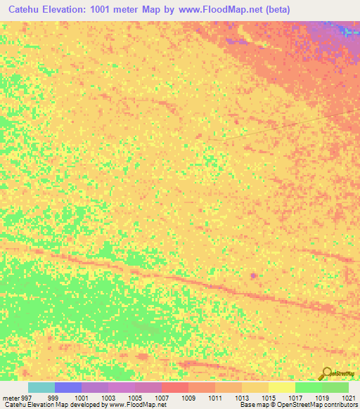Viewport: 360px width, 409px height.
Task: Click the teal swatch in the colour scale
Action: pos(41,387)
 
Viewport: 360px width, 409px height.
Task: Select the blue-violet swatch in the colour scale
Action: pos(68,387)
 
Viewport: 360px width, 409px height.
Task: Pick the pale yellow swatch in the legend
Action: pos(282,387)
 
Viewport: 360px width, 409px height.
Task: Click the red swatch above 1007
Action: pos(175,387)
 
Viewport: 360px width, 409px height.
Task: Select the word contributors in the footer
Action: pos(341,405)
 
